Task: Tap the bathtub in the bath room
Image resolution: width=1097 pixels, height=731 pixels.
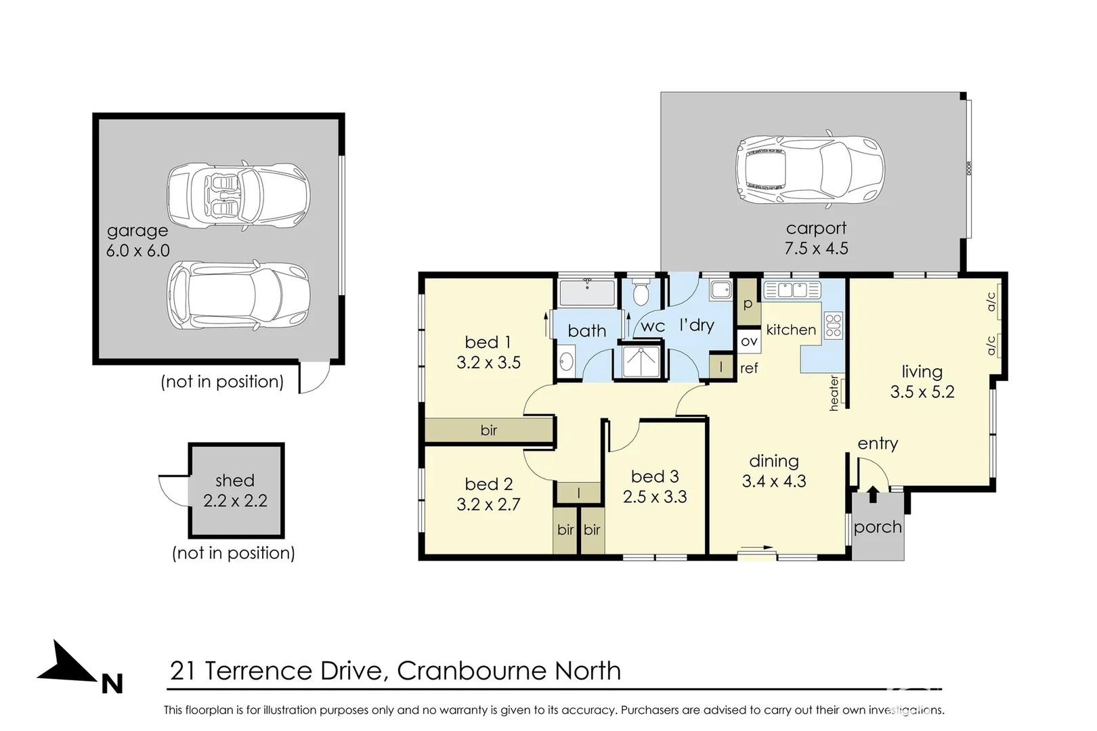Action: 587,293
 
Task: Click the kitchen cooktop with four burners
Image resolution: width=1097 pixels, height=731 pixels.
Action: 834,325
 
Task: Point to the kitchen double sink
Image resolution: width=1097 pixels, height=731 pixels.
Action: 790,290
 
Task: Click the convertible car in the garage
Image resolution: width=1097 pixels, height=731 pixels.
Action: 238,195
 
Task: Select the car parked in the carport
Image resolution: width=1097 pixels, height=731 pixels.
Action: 810,170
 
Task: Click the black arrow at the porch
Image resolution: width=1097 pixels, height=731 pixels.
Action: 873,494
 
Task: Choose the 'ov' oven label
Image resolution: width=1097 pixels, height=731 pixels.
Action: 749,341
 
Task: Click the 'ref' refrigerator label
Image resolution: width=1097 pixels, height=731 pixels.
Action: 749,368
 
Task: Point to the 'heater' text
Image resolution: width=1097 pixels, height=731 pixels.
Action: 834,393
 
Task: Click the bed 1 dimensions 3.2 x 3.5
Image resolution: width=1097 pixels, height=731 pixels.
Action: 488,363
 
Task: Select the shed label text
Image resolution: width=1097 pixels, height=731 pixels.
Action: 234,481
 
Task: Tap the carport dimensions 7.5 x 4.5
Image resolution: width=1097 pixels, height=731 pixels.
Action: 816,248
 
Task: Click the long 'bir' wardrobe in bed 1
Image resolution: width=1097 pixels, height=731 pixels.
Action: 488,430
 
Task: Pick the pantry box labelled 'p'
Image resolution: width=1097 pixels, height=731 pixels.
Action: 748,303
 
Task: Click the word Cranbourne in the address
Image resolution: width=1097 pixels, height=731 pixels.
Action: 471,671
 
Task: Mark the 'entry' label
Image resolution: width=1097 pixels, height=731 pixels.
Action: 878,443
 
